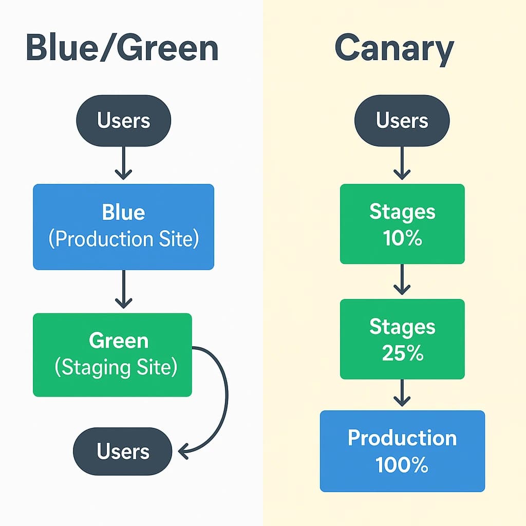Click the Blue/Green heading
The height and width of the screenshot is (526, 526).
122,49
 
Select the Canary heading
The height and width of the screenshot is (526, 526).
394,49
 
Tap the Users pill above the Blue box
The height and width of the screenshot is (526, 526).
123,121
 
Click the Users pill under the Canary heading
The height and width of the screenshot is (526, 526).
402,121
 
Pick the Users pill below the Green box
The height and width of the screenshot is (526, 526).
123,451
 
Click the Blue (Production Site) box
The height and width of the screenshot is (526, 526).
123,227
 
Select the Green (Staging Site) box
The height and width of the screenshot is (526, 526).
112,354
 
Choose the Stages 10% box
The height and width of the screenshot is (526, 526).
402,224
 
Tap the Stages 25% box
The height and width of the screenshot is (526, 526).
402,339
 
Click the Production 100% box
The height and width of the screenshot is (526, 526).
402,451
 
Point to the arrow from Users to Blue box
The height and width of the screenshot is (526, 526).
123,163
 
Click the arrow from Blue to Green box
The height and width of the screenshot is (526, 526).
123,291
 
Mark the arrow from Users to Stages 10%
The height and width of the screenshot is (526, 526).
402,163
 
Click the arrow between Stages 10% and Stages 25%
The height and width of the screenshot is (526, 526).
402,280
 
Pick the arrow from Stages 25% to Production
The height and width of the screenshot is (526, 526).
402,393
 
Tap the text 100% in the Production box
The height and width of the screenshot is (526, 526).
402,465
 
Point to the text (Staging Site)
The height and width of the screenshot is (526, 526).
116,368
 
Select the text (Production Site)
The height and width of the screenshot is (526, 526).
123,239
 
